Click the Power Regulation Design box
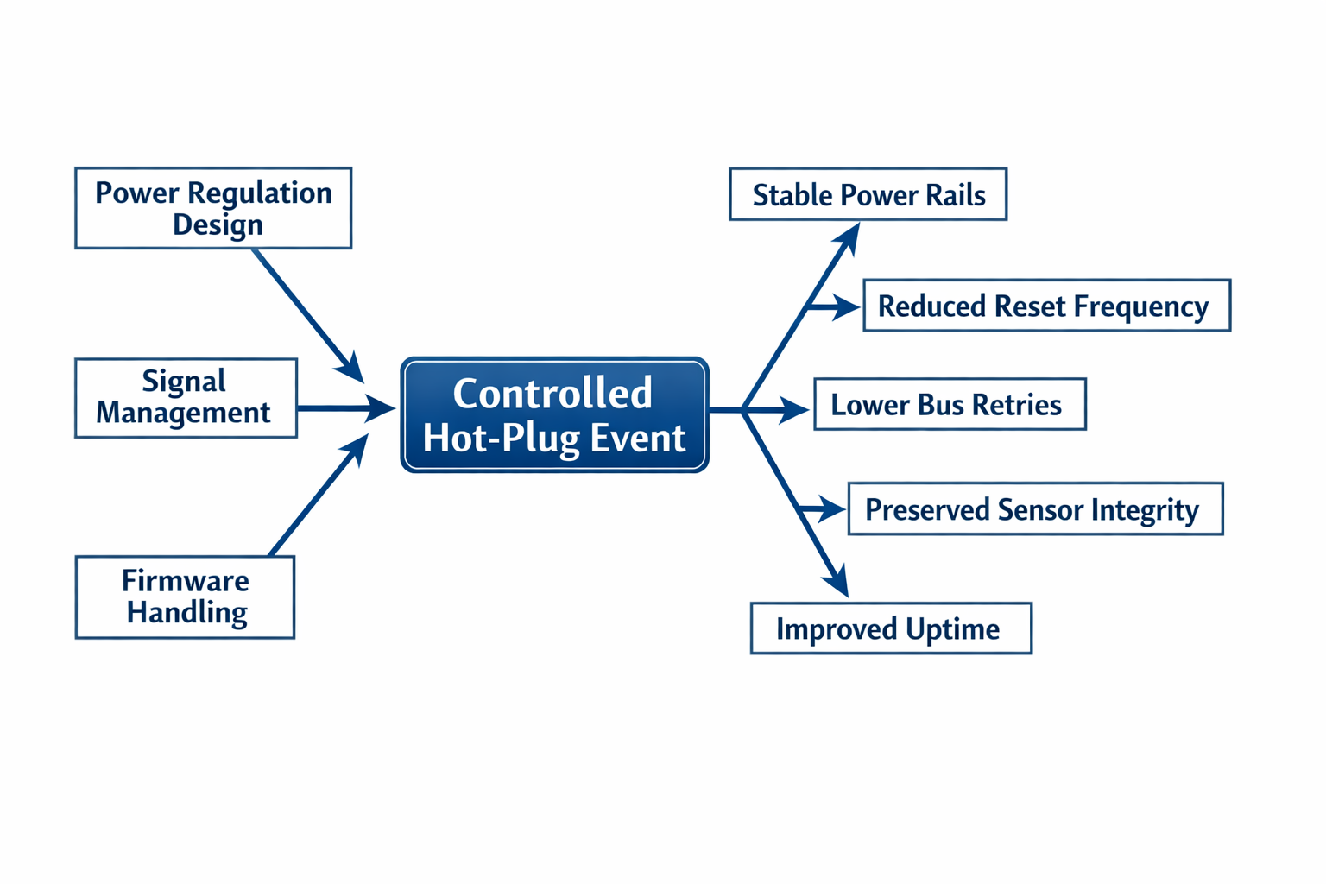(213, 208)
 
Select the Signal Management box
(186, 398)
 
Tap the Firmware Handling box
(185, 597)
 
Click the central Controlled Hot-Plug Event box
(554, 415)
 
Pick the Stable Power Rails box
(868, 194)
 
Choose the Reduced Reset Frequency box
(1046, 306)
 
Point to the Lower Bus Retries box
(950, 404)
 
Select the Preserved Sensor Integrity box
(1035, 509)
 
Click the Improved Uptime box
(891, 628)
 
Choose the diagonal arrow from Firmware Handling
(316, 496)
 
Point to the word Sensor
(1039, 510)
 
